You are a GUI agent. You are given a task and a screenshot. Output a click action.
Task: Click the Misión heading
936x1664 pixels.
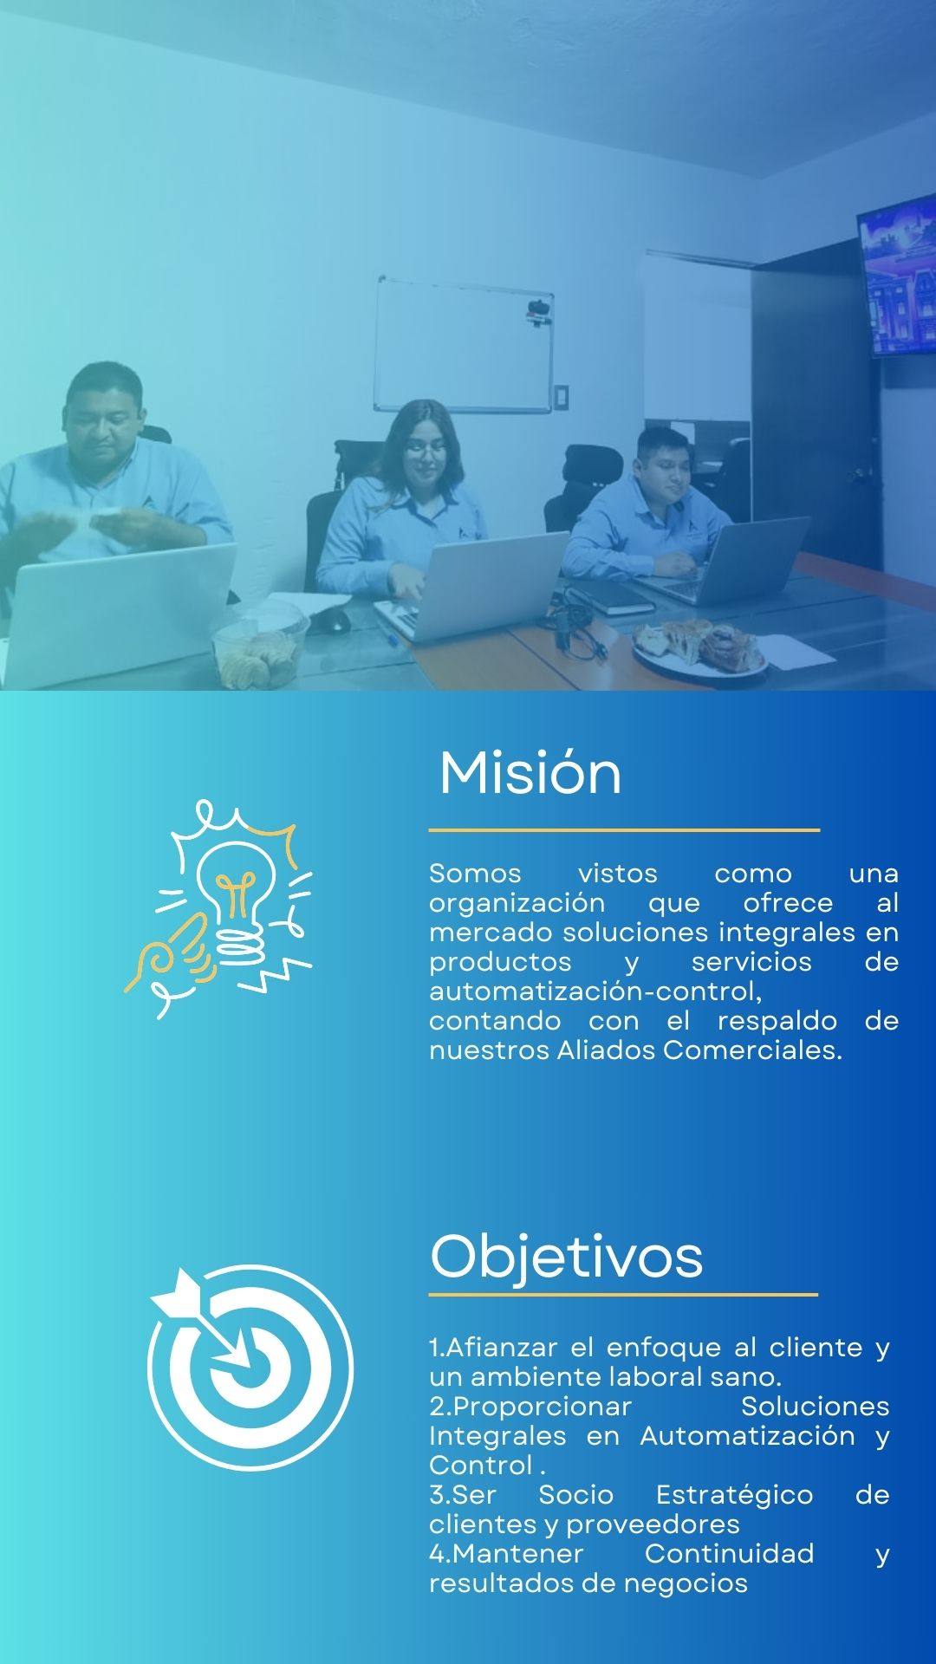(x=530, y=772)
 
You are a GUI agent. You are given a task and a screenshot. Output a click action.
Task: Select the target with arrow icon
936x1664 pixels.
(x=250, y=1367)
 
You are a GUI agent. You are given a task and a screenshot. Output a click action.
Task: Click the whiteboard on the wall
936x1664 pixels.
(x=464, y=344)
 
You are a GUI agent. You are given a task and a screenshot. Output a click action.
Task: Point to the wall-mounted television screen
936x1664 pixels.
(x=897, y=276)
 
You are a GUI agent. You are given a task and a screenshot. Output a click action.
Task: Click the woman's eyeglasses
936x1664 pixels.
(x=425, y=451)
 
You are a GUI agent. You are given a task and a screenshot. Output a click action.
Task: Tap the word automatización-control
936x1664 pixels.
(x=595, y=991)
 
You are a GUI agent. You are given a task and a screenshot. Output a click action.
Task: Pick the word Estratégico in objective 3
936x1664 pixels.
(x=734, y=1495)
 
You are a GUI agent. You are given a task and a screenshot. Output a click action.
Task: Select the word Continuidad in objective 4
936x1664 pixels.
(x=730, y=1553)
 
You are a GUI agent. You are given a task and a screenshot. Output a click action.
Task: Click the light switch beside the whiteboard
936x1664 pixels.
(x=562, y=396)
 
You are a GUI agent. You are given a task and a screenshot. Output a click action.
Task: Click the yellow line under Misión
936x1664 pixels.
(x=624, y=830)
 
